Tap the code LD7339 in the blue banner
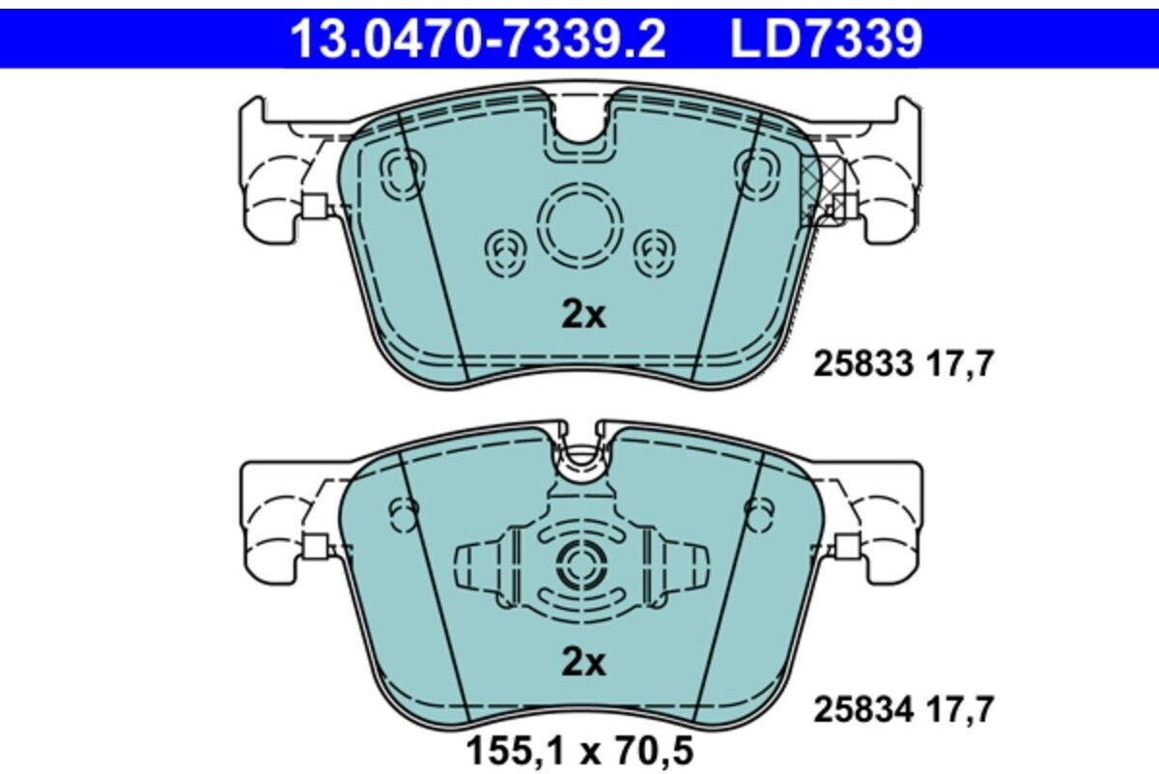(x=826, y=41)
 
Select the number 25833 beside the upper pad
(x=862, y=364)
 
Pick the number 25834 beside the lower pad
(x=862, y=710)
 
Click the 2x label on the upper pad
(x=583, y=315)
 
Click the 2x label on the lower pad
(x=583, y=663)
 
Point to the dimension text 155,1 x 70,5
(x=579, y=750)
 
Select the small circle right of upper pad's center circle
(x=655, y=251)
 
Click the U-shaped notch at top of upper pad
(x=579, y=121)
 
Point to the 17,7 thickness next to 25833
(x=958, y=364)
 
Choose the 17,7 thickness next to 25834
(x=958, y=710)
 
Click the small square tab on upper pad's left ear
(x=314, y=205)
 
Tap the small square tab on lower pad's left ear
(x=314, y=546)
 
